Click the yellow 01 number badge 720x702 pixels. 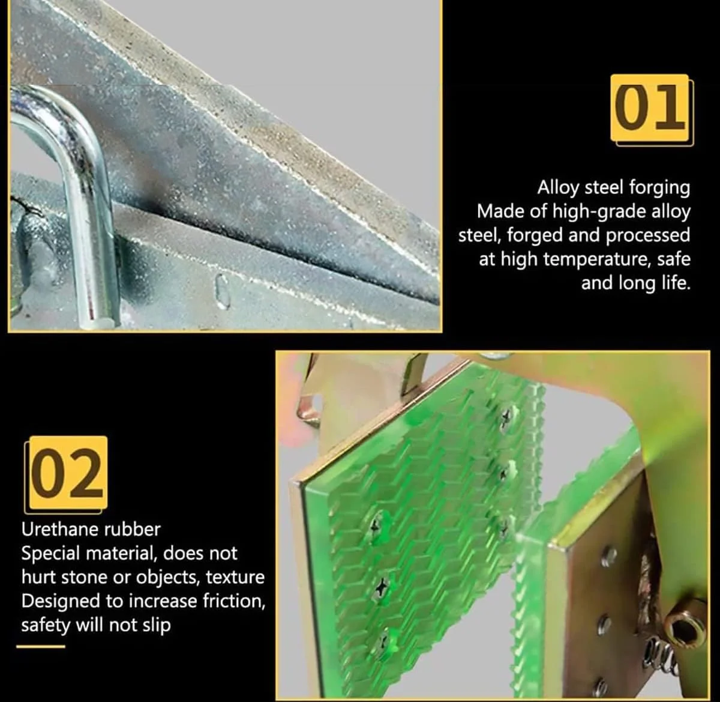point(650,108)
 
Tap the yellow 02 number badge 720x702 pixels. point(68,473)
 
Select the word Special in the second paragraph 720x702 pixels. point(51,554)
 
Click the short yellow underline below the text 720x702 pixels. point(41,647)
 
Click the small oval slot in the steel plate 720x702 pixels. point(221,291)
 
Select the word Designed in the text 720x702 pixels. point(61,602)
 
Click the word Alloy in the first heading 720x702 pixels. point(559,188)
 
